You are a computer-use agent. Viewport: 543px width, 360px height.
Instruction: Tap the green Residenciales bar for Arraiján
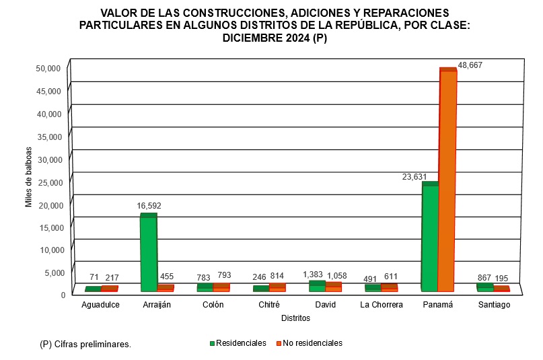[148, 254]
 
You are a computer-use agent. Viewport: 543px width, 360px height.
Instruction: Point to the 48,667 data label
[470, 65]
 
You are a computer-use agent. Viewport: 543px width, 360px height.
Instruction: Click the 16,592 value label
[149, 206]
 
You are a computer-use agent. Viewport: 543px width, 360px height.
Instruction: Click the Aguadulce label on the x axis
[101, 305]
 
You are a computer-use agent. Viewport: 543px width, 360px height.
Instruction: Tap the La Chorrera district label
[382, 305]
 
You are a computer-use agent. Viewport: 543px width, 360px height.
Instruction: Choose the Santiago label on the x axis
[494, 305]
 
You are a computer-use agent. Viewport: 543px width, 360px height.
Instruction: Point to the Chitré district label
[270, 305]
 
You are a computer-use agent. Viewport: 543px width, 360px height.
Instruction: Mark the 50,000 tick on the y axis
[50, 68]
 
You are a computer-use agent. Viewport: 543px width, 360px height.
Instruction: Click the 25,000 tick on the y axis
[50, 182]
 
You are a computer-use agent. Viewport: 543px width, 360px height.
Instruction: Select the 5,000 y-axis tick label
[52, 273]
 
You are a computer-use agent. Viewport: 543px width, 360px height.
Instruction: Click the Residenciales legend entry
[238, 343]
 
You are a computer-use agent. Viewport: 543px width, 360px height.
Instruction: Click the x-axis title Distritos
[295, 318]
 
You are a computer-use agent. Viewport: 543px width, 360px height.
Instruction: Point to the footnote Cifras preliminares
[85, 345]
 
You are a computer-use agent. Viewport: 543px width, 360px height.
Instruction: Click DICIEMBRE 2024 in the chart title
[264, 38]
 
